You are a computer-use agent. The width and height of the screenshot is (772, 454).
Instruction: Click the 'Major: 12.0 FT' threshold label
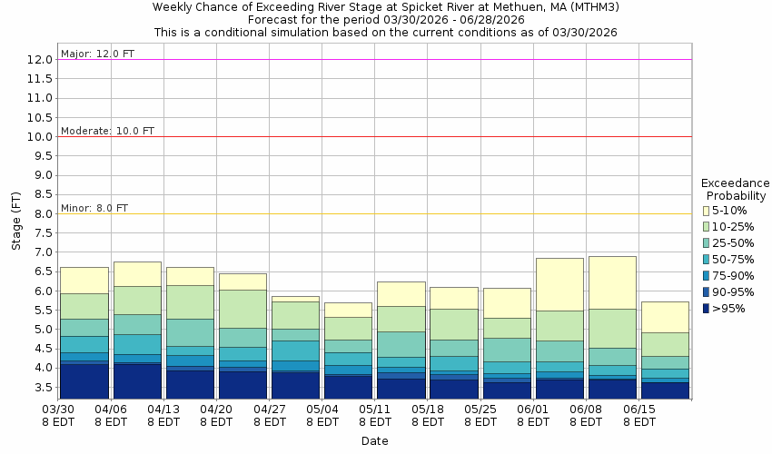[97, 54]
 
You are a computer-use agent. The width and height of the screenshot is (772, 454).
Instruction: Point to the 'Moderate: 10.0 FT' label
[107, 131]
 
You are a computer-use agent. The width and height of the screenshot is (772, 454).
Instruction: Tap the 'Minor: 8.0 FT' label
[94, 208]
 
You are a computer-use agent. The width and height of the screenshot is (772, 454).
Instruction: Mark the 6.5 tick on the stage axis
[40, 272]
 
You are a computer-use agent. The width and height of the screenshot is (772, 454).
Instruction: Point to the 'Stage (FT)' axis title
[15, 222]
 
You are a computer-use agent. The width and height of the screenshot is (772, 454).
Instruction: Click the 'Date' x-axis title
[374, 441]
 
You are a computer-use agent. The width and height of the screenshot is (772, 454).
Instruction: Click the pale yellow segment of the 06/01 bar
[559, 284]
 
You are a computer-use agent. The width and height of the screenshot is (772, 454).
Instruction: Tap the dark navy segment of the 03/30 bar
[84, 380]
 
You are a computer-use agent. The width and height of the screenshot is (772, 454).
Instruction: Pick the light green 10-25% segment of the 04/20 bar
[242, 309]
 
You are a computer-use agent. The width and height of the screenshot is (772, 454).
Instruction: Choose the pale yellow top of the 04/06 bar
[137, 274]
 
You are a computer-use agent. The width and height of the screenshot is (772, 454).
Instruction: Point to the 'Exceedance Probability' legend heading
[736, 189]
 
